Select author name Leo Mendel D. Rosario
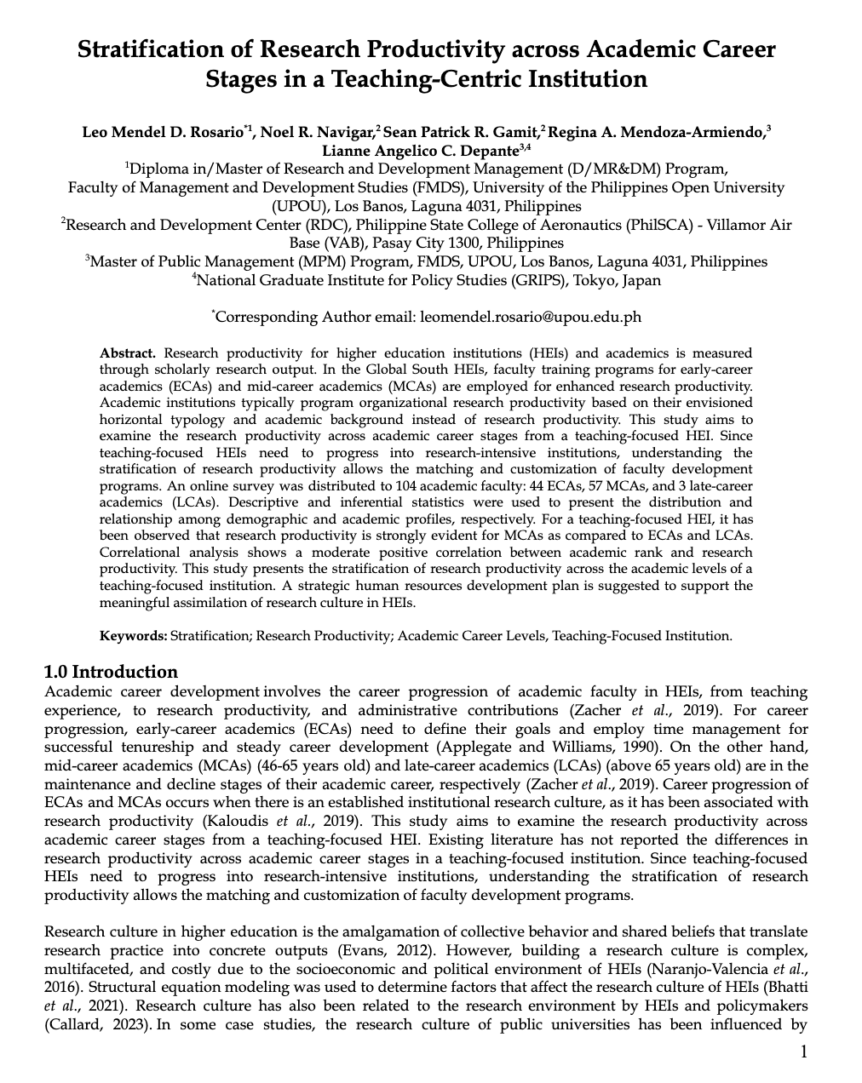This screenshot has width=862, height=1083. pos(162,132)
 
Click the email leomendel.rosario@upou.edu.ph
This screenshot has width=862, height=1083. pos(531,318)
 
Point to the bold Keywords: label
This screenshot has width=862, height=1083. pos(134,635)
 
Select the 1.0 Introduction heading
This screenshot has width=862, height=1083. pos(111,672)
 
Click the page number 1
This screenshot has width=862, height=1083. pos(803,1052)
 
